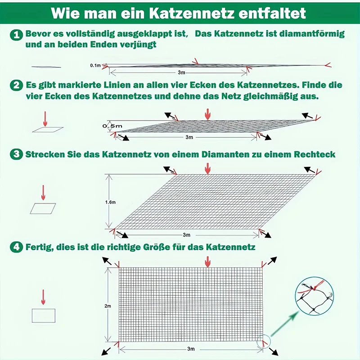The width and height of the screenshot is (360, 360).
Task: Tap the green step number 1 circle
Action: (x=16, y=35)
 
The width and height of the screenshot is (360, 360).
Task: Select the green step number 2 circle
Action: (x=16, y=85)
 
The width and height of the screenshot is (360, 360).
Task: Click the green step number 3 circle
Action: (x=16, y=154)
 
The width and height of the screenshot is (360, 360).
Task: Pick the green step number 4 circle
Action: (x=16, y=247)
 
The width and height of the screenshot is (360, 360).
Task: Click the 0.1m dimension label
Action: (x=95, y=66)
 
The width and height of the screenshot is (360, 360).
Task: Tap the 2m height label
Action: (x=107, y=306)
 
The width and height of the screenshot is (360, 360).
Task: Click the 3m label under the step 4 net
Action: (x=190, y=349)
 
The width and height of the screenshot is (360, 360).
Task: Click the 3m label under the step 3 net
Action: (x=186, y=235)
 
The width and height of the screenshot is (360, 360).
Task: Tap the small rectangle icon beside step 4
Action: (x=43, y=315)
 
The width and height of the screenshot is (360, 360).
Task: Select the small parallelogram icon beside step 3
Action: (x=43, y=208)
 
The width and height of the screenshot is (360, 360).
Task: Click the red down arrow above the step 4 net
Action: (x=207, y=261)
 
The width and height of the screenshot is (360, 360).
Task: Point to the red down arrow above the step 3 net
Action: (x=207, y=168)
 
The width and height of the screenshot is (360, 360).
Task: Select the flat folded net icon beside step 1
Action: (x=46, y=67)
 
